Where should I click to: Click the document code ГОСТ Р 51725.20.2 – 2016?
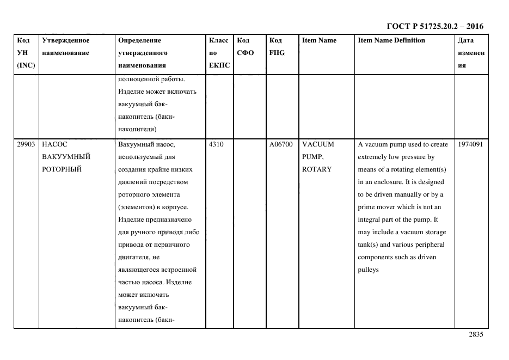[x=434, y=26]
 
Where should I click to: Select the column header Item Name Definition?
[x=391, y=40]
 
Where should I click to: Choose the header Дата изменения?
[x=471, y=53]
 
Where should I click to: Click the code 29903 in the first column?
[x=26, y=144]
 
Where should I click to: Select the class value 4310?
[x=216, y=144]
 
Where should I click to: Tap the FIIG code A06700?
[x=281, y=144]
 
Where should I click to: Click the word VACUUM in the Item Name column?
[x=318, y=144]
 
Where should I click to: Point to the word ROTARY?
[x=317, y=169]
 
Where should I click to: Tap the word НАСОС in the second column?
[x=54, y=144]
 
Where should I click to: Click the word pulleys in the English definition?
[x=368, y=270]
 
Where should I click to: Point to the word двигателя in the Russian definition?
[x=132, y=257]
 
